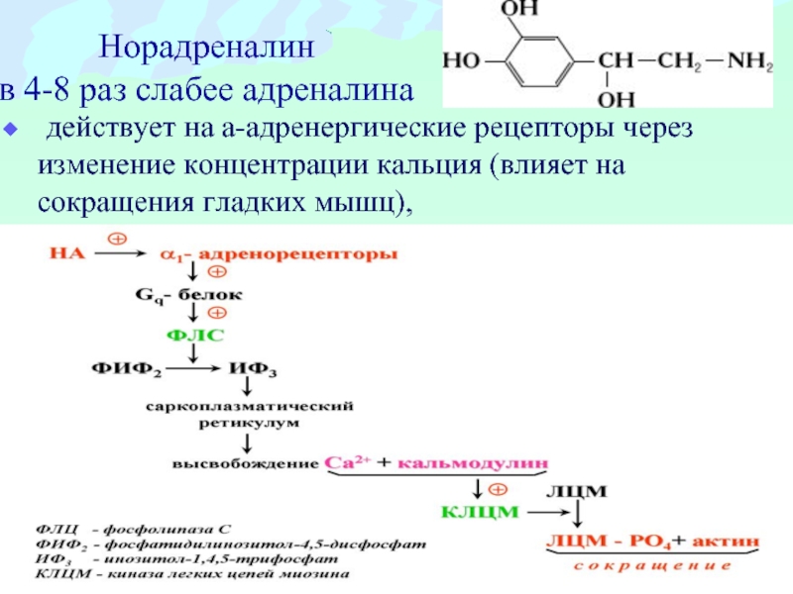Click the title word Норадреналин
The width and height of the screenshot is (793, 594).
click(x=206, y=48)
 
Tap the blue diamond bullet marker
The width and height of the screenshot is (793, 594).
click(x=11, y=130)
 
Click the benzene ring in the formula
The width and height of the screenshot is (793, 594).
click(x=540, y=61)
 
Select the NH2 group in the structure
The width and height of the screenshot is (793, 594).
click(x=750, y=61)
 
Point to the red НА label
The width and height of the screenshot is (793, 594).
click(x=67, y=252)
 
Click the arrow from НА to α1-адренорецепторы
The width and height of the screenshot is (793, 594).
click(x=120, y=253)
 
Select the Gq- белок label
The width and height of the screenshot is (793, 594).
click(x=188, y=295)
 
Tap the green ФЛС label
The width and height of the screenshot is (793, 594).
click(x=194, y=335)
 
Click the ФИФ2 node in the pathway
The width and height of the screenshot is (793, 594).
click(x=127, y=368)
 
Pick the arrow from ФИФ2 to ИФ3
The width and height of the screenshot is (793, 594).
click(x=193, y=368)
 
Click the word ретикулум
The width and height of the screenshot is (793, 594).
click(x=249, y=424)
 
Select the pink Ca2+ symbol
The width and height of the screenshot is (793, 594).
click(x=347, y=462)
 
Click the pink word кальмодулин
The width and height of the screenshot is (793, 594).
click(x=473, y=462)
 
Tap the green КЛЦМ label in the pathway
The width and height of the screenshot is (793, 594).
click(x=480, y=512)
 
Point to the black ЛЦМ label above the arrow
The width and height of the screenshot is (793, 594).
click(x=577, y=491)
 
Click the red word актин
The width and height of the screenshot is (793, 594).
click(x=726, y=541)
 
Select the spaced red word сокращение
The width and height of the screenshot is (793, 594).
click(x=652, y=566)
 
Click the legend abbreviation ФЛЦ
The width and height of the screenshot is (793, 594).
click(x=57, y=530)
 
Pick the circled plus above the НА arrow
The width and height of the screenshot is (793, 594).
click(x=117, y=239)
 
